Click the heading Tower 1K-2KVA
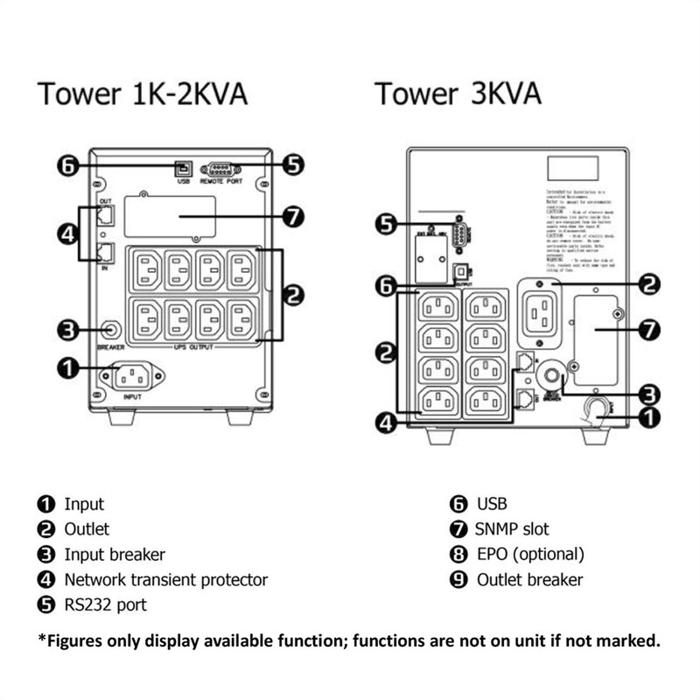[x=142, y=94]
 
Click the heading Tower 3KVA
[x=458, y=94]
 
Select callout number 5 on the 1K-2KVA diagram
[x=295, y=165]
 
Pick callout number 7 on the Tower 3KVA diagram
[x=647, y=331]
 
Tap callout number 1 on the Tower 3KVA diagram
[x=647, y=418]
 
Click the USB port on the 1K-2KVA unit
[x=183, y=167]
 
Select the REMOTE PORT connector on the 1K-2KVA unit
[x=221, y=170]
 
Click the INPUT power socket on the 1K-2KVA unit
[x=132, y=379]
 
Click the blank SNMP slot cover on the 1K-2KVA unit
[x=169, y=216]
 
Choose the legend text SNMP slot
[x=513, y=528]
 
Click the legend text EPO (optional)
[x=530, y=554]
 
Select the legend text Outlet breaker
[x=529, y=579]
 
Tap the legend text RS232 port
[x=105, y=605]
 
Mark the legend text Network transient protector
[x=165, y=579]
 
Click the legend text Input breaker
[x=114, y=554]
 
